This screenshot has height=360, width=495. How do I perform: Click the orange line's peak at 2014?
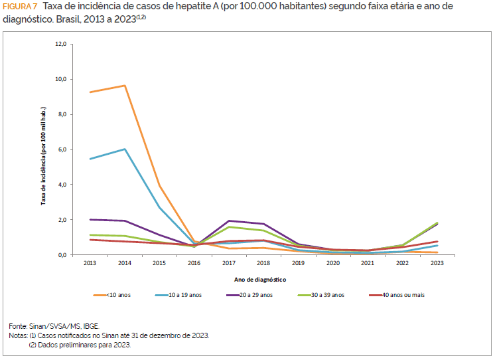125,86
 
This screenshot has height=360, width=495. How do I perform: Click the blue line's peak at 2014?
125,149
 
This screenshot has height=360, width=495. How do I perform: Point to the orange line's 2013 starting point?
90,92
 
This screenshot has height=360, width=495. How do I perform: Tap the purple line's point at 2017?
229,221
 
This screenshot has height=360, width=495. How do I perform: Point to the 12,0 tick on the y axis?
60,44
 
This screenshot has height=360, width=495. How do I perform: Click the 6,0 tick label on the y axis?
62,149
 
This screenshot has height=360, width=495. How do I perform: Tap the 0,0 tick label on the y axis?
62,255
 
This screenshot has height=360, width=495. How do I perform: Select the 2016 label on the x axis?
194,263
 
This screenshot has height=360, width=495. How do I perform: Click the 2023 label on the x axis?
437,263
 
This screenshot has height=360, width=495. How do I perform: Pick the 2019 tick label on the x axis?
299,263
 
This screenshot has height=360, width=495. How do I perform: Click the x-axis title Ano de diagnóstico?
263,280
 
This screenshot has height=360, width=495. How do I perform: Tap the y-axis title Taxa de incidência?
44,155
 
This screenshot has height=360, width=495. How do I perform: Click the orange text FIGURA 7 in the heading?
20,7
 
